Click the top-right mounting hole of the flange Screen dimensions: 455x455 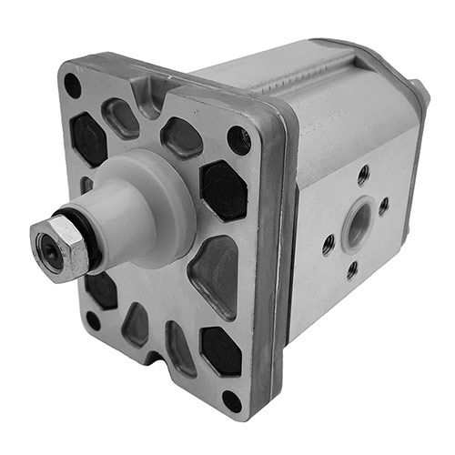(238, 139)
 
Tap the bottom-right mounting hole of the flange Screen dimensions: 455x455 (232, 401)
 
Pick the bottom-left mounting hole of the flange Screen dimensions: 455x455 (93, 320)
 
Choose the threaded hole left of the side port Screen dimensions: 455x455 (328, 243)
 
